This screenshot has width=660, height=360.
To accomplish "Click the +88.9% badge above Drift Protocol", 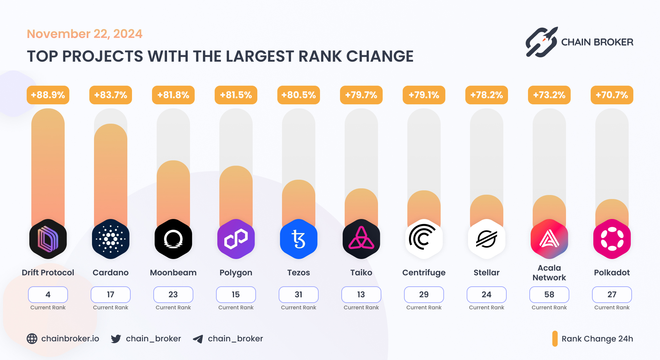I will click(48, 95).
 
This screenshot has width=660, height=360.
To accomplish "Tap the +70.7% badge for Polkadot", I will click(612, 95).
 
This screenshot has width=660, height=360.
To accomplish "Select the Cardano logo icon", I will click(111, 239).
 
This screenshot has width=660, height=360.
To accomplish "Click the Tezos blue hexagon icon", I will click(299, 239).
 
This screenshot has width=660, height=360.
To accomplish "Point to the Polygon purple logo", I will click(236, 239).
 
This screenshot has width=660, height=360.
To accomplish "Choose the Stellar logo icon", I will click(487, 239).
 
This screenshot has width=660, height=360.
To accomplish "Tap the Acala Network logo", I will click(549, 239).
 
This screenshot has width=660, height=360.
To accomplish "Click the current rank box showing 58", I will click(549, 295).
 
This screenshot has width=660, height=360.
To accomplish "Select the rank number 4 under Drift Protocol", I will click(48, 295).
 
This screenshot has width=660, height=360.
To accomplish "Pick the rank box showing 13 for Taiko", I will click(361, 295).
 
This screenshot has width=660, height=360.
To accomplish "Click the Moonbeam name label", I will click(173, 273).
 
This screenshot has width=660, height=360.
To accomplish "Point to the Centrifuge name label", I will click(424, 273).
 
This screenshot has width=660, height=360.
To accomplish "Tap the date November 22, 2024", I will click(85, 34).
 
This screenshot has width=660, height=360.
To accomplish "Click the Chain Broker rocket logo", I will click(542, 42).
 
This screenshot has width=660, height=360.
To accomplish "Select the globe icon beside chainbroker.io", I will click(32, 339).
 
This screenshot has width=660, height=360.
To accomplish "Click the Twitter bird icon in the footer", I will click(116, 339).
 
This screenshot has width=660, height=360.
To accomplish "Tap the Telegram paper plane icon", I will click(198, 339).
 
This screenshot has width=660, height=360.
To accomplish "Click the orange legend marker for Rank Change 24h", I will click(555, 339).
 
